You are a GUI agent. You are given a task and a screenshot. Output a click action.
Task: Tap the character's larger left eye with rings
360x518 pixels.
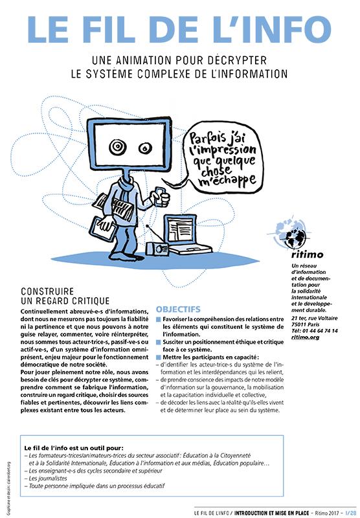(x=117, y=147)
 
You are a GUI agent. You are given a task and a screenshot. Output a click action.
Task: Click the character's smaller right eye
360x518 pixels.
(x=145, y=148)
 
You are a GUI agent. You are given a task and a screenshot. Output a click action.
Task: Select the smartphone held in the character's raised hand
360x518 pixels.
(x=160, y=196)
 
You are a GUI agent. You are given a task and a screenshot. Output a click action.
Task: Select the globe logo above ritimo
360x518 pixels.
(x=291, y=233)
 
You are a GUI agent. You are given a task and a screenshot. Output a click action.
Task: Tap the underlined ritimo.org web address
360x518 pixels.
(x=305, y=337)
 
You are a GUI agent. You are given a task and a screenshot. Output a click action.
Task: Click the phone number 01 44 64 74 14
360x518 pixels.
(x=319, y=331)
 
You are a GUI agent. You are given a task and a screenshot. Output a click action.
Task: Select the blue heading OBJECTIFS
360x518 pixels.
(x=178, y=310)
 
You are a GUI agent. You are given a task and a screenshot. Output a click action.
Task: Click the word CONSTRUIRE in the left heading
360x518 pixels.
(x=47, y=291)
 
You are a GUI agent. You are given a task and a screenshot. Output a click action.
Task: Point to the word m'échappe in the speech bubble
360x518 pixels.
(x=227, y=180)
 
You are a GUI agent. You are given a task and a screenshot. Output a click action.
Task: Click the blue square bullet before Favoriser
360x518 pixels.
(x=158, y=319)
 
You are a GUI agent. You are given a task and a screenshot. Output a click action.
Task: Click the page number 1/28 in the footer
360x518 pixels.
(x=350, y=513)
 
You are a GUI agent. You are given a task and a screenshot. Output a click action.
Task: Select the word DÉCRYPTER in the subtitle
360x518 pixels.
(x=237, y=60)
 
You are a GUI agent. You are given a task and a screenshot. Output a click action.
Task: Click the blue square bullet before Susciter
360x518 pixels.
(x=158, y=343)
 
